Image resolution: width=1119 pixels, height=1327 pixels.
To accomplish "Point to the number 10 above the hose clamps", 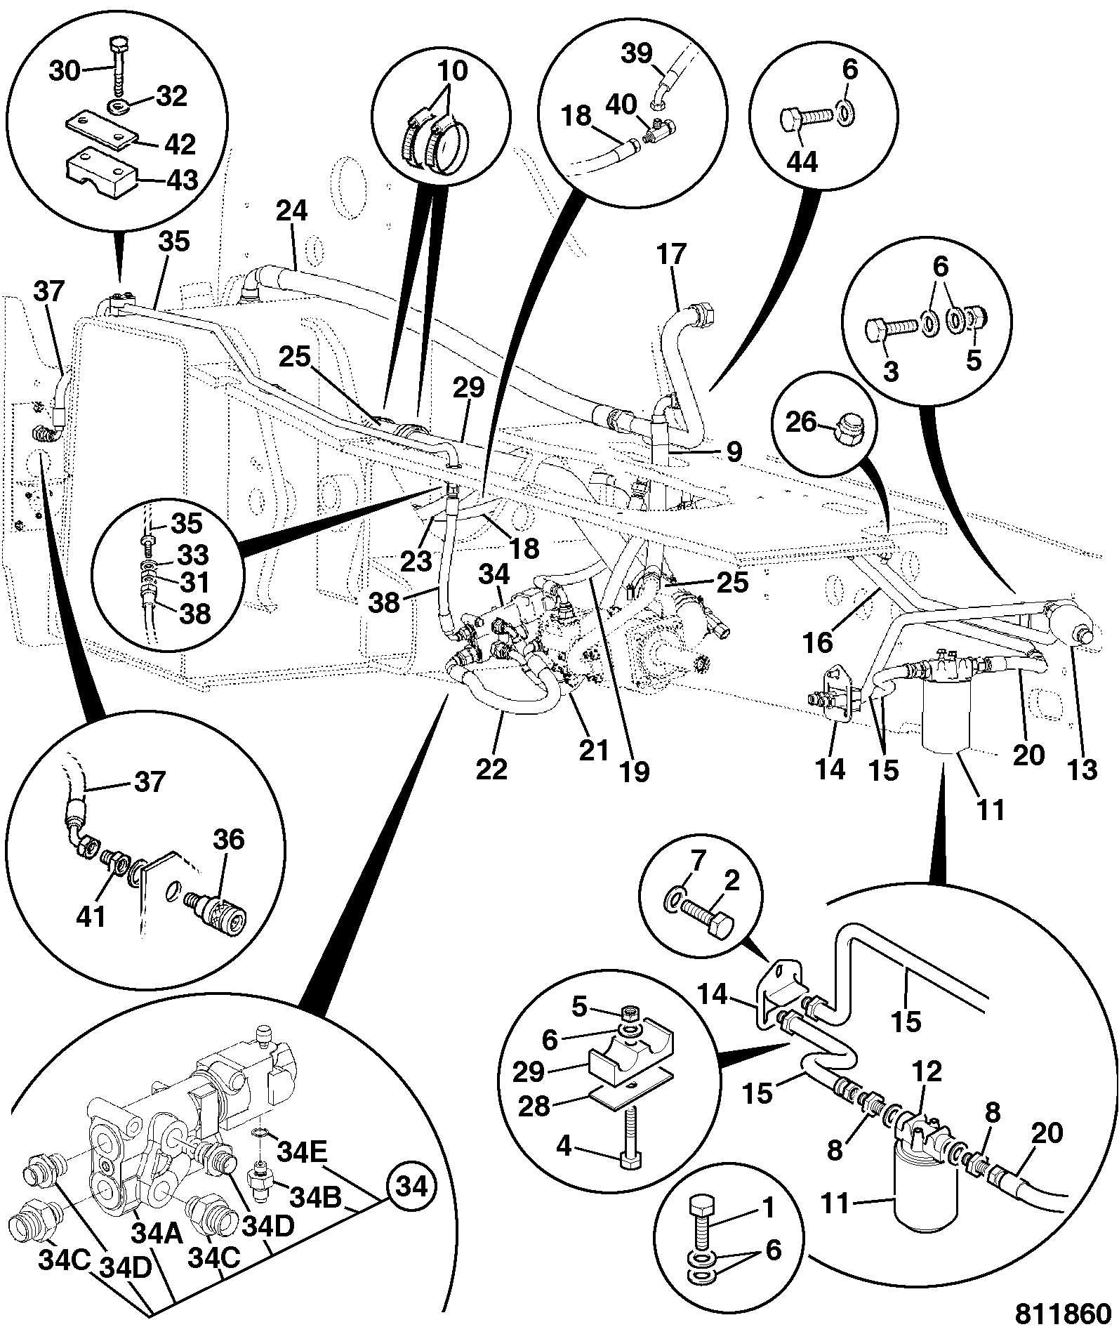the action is click(452, 71).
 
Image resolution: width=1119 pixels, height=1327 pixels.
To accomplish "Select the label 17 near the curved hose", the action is click(671, 254).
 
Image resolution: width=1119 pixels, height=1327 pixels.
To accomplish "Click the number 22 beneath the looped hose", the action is click(491, 769).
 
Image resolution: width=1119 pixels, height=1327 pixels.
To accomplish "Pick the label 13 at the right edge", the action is click(1082, 770).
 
